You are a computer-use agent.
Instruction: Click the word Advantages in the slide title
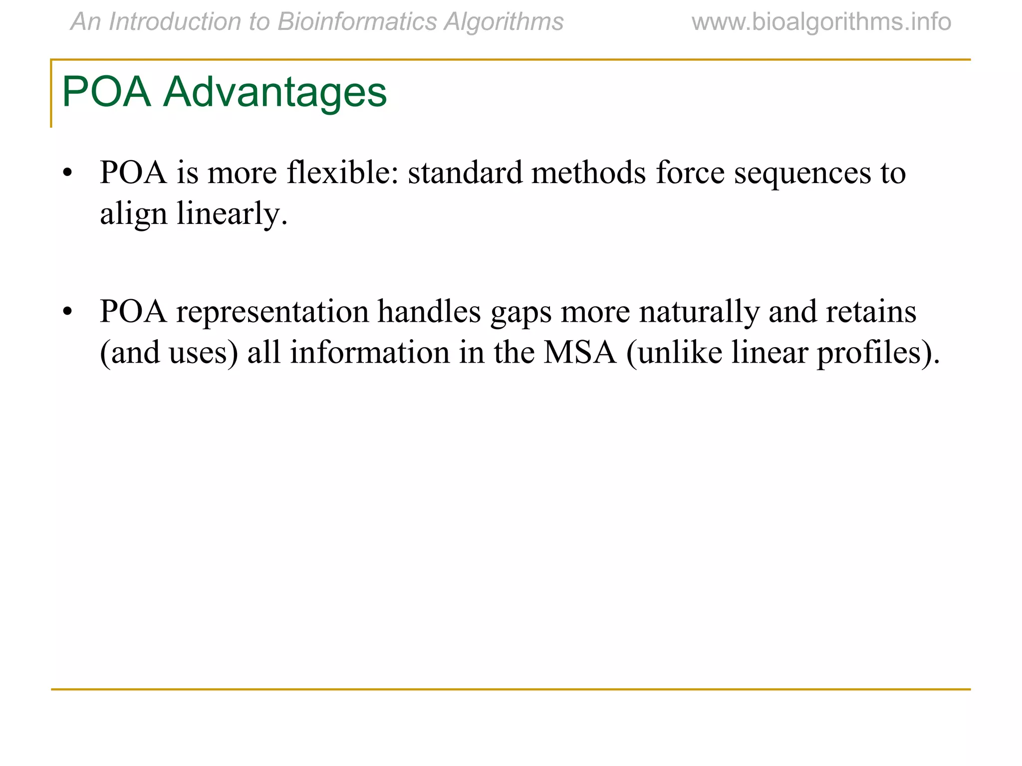click(275, 92)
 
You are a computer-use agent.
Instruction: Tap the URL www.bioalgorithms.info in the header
click(821, 22)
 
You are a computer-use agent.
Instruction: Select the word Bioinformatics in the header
click(357, 22)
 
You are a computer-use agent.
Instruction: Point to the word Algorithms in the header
click(504, 22)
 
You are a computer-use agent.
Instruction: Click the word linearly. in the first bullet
click(232, 214)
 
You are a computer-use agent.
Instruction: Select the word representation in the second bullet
click(272, 312)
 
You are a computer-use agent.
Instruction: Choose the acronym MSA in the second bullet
click(580, 353)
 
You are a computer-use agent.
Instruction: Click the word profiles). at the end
click(878, 354)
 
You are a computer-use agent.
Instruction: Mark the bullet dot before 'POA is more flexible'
click(68, 173)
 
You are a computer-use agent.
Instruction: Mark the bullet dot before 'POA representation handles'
click(68, 312)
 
